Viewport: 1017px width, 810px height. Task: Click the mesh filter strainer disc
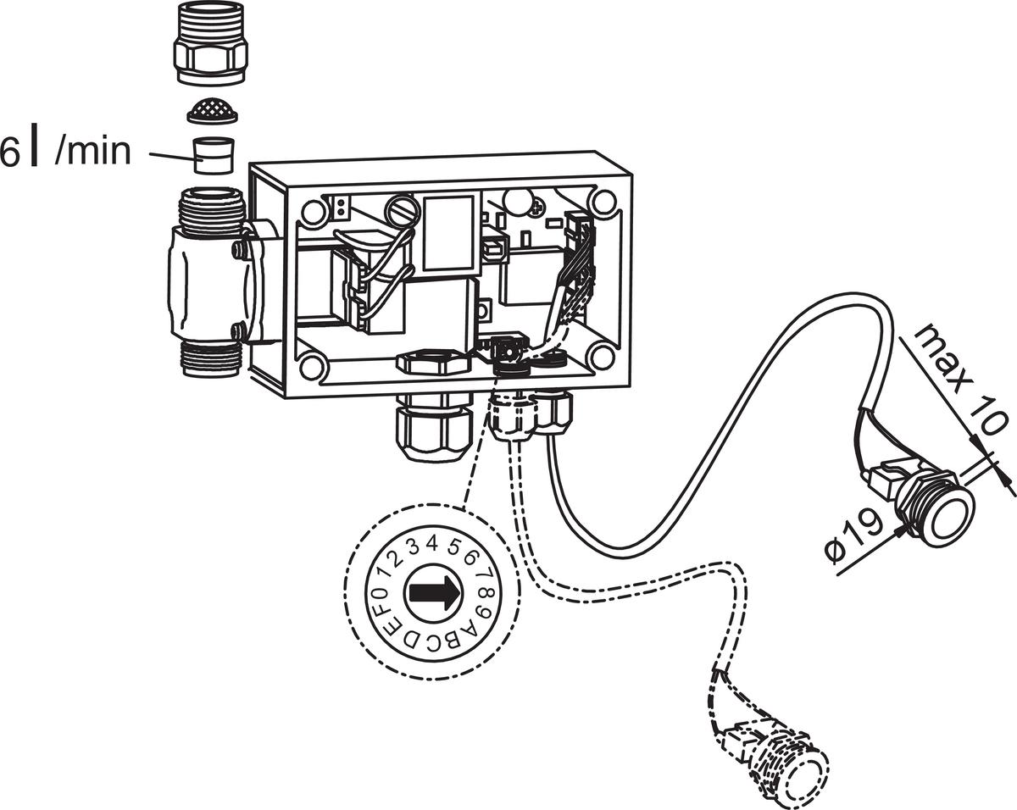coord(210,109)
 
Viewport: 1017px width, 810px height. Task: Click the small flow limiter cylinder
coord(212,154)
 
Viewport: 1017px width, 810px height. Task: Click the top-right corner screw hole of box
coord(603,202)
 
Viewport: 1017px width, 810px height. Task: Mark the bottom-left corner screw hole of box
coord(312,367)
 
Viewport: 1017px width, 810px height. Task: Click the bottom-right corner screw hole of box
coord(601,357)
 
